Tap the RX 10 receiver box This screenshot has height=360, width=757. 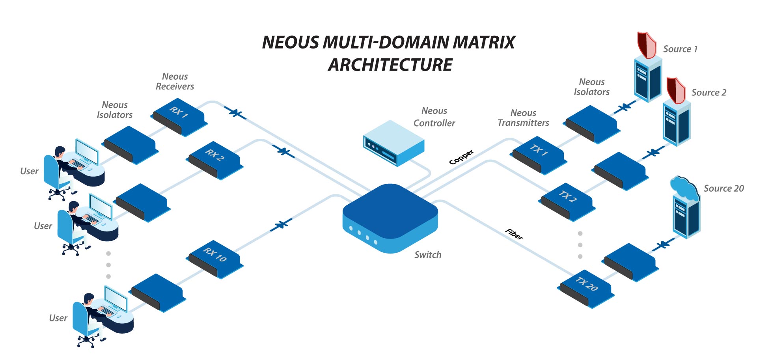pyautogui.click(x=214, y=259)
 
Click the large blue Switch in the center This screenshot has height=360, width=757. pyautogui.click(x=390, y=217)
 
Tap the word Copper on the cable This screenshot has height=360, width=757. pyautogui.click(x=461, y=157)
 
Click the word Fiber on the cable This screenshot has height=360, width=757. pyautogui.click(x=515, y=234)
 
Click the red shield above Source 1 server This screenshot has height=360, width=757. pyautogui.click(x=646, y=45)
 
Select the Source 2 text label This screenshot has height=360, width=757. pyautogui.click(x=709, y=93)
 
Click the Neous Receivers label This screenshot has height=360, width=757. pyautogui.click(x=175, y=82)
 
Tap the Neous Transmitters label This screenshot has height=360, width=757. pyautogui.click(x=523, y=118)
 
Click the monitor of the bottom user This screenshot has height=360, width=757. pyautogui.click(x=116, y=299)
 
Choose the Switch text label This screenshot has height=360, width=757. pyautogui.click(x=428, y=255)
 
